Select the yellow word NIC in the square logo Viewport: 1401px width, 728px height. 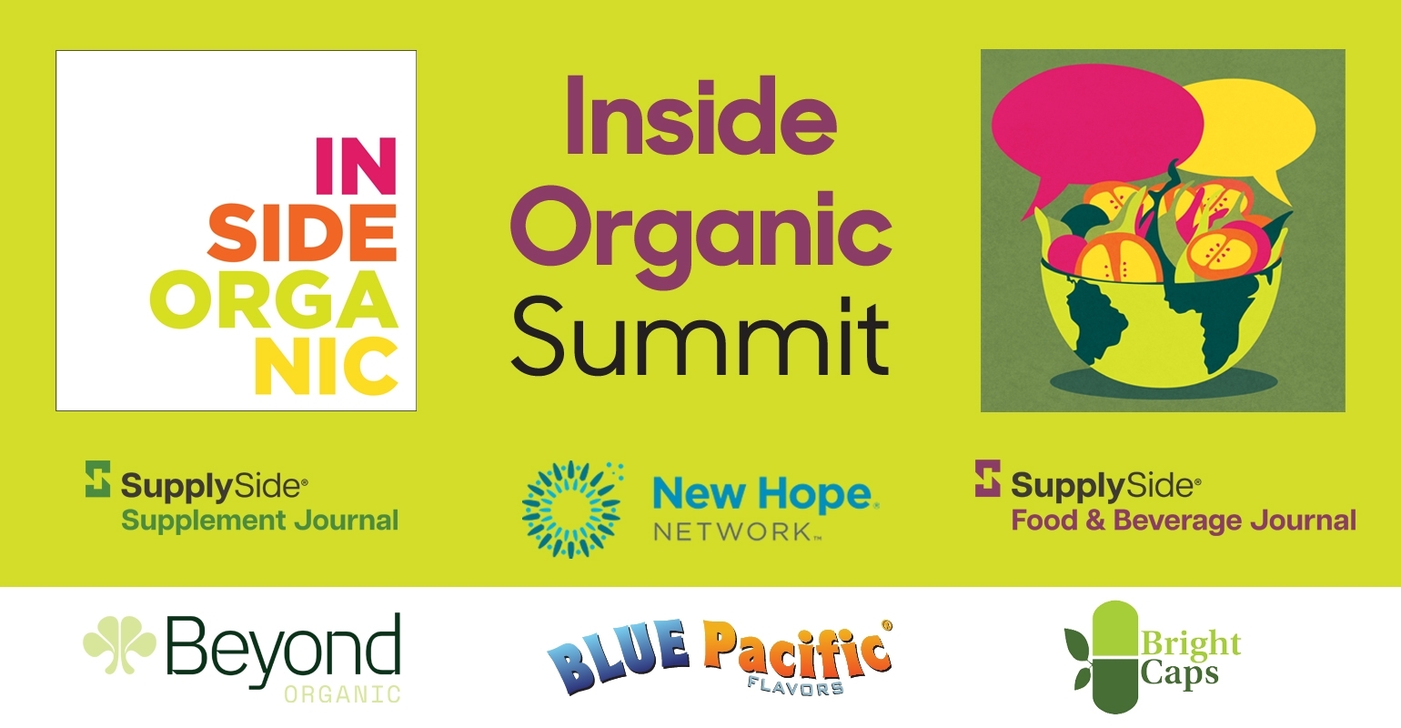pos(327,366)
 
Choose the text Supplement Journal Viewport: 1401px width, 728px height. pos(260,521)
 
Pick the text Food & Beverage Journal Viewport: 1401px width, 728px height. pos(1184,521)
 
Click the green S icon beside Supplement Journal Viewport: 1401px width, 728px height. pos(97,479)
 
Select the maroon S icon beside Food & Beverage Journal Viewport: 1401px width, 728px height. pos(987,479)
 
